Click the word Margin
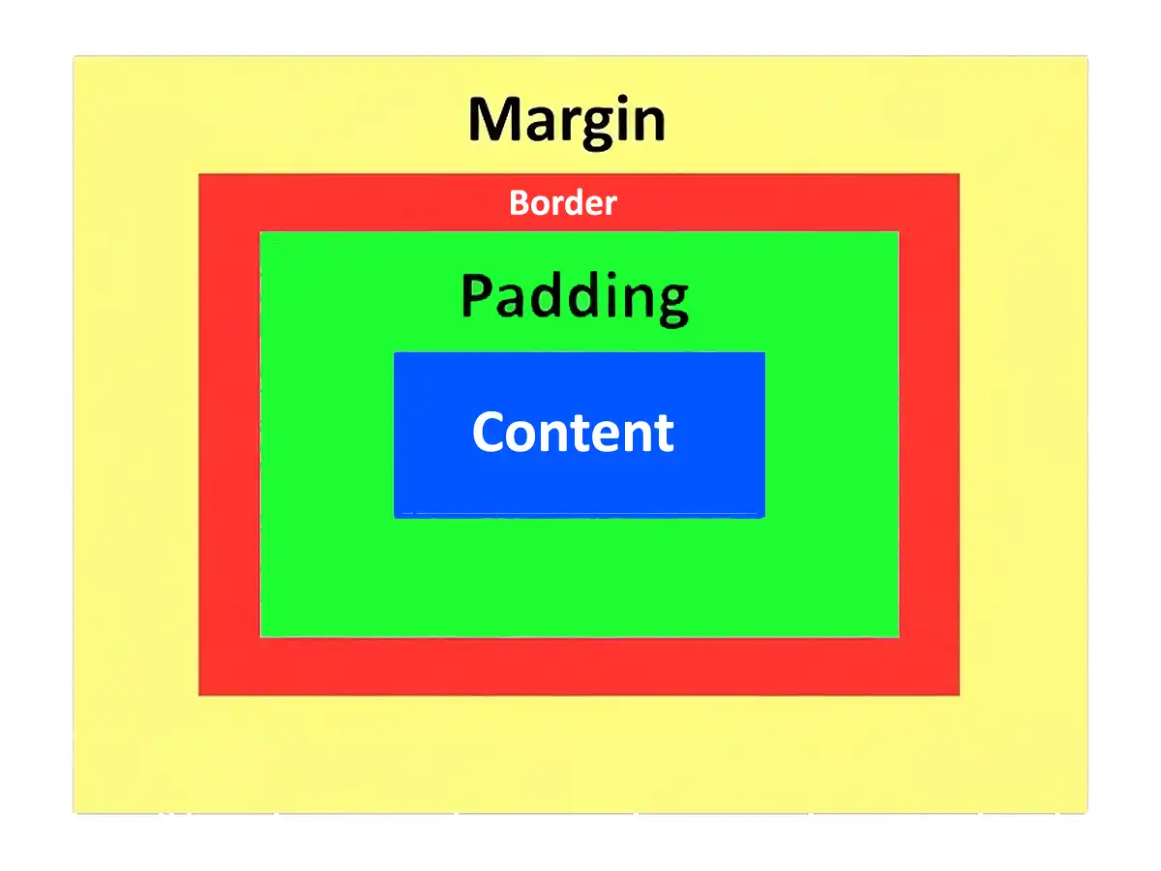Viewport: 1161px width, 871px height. pos(567,122)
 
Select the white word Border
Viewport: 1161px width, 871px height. pos(563,202)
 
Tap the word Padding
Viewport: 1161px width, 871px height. pos(575,298)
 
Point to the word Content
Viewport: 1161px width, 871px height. pos(573,432)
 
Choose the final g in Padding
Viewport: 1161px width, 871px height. pos(672,306)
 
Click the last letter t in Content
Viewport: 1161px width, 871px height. pos(664,435)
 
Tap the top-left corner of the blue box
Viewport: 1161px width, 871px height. pos(394,352)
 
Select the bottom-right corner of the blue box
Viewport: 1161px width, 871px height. pos(765,518)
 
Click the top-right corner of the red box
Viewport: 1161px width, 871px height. pos(959,174)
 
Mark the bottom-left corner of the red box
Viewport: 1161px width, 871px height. pos(199,695)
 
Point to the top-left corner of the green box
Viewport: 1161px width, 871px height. pos(260,232)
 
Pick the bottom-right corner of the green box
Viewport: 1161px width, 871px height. pos(899,637)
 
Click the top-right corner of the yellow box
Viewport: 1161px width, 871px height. pos(1087,56)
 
